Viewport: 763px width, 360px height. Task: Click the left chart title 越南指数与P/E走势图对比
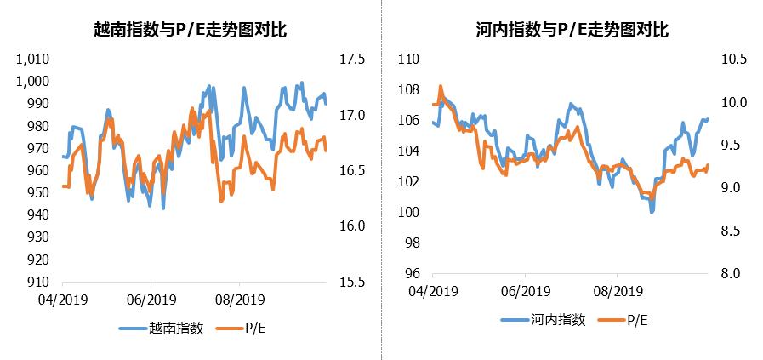[x=190, y=31]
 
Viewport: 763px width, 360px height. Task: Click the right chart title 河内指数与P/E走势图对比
[x=572, y=31]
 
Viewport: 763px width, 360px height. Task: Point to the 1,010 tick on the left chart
[x=34, y=60]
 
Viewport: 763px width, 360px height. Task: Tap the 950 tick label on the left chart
[x=40, y=193]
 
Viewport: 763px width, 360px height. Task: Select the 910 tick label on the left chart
[x=40, y=283]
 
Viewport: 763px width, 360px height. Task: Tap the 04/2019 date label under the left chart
[x=62, y=300]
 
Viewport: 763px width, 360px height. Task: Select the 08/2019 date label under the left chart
[x=239, y=300]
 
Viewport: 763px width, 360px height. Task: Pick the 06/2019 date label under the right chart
[x=525, y=290]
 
